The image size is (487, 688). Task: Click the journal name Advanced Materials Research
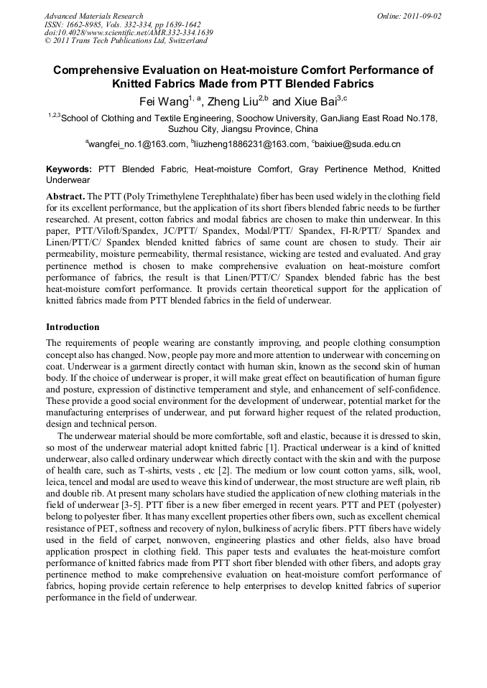tap(93, 15)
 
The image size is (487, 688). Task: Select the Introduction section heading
tap(73, 327)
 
